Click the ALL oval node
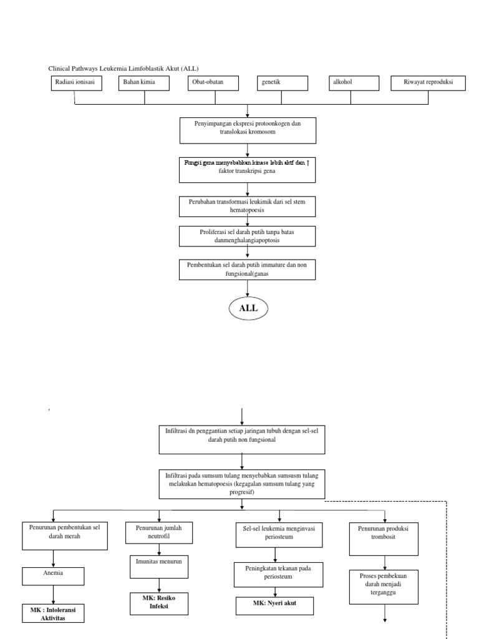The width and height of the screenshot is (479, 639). point(248,308)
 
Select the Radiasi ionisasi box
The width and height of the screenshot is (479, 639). point(75,84)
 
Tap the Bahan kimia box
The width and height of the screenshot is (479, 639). point(145,84)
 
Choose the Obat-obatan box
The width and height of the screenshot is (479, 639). point(213,84)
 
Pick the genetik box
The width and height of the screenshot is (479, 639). point(283,84)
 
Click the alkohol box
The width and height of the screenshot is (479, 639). point(354,84)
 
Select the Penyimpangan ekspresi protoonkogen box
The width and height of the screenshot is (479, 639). point(248,130)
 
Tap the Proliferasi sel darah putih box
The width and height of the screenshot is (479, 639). point(248,235)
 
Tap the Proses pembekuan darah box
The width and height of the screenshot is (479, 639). point(384,587)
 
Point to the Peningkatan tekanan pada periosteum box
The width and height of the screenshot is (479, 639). point(274,573)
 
